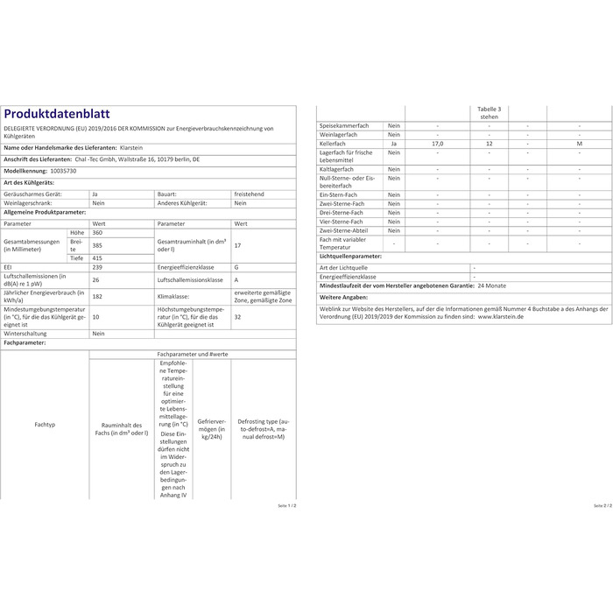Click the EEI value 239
point(96,268)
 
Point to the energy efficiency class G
point(236,268)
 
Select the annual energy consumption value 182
point(96,297)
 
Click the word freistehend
point(249,192)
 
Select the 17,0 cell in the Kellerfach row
point(437,143)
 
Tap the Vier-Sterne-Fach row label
point(341,222)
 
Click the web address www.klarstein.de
point(500,317)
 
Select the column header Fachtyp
point(46,425)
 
